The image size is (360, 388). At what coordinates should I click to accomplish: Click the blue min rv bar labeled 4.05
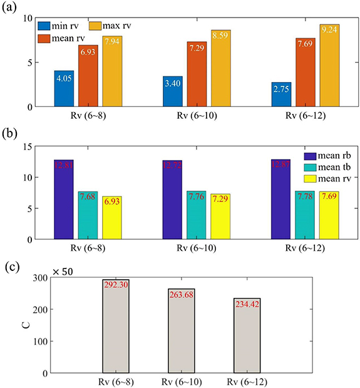[x=64, y=89]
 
